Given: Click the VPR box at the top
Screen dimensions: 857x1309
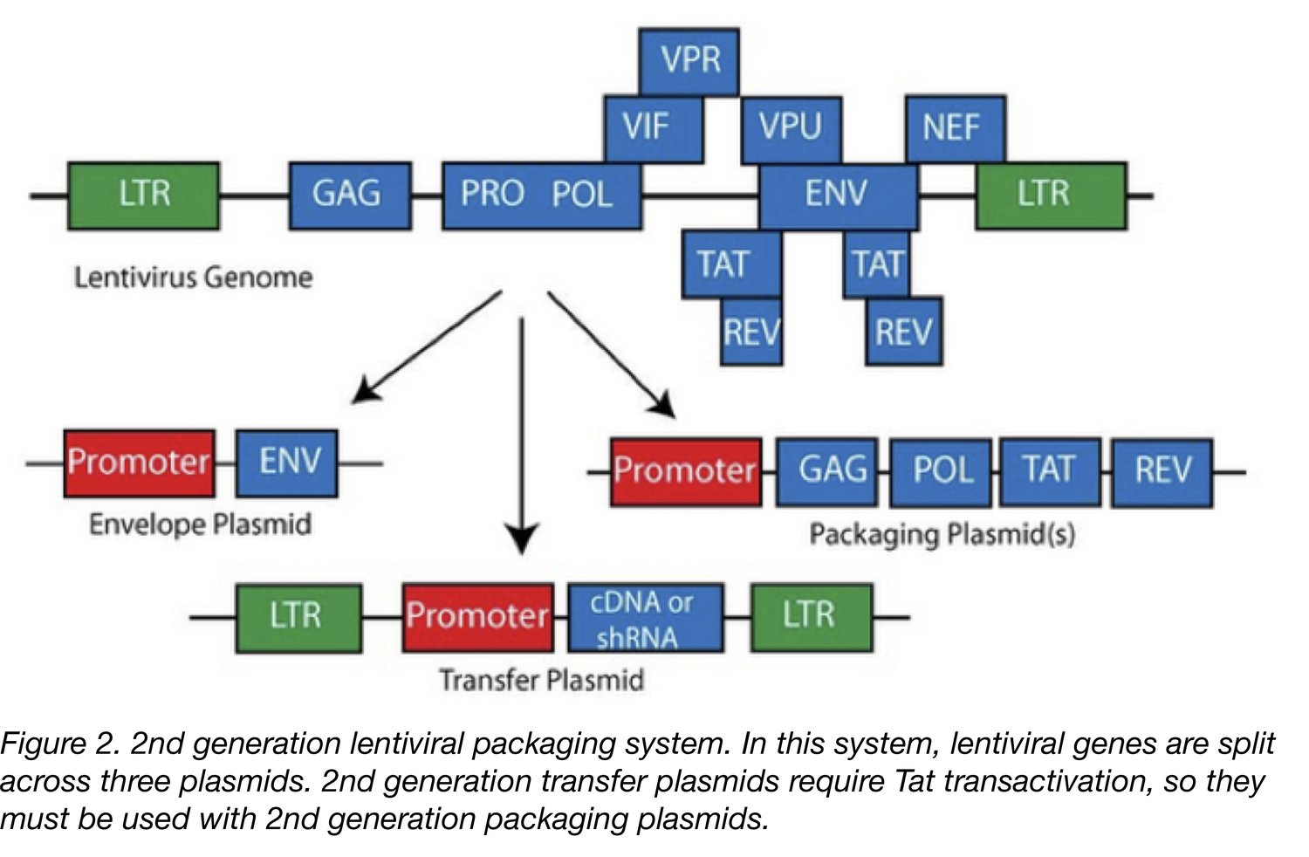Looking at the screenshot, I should (689, 61).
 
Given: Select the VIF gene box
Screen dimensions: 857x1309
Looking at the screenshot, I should (652, 129).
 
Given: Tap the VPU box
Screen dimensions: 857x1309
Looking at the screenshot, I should (791, 129).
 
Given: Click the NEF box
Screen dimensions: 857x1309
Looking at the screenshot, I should (955, 129).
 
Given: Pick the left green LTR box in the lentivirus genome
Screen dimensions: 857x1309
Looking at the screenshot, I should (143, 195).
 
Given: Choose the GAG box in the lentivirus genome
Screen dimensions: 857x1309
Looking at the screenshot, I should (350, 195).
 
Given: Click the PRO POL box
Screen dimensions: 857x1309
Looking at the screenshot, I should (541, 195).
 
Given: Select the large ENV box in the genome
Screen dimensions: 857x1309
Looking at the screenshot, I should (838, 195).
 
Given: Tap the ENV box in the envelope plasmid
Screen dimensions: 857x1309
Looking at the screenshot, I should (287, 463).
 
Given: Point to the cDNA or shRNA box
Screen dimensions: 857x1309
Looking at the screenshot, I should (645, 618).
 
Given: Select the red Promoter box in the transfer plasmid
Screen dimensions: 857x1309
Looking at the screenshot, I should (477, 617).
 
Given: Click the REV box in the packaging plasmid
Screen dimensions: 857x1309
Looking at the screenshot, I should (1162, 472).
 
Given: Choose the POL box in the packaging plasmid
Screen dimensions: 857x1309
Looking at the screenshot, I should (941, 472).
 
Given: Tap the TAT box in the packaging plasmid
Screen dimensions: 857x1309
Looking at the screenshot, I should (1050, 472).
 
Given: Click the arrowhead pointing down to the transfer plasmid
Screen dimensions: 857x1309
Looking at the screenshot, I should (522, 541).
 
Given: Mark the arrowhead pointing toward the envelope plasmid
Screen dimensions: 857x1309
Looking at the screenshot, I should (363, 392).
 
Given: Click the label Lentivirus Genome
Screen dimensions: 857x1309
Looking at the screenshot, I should (193, 278).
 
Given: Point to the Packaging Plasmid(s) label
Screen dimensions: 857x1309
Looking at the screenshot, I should (942, 534).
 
